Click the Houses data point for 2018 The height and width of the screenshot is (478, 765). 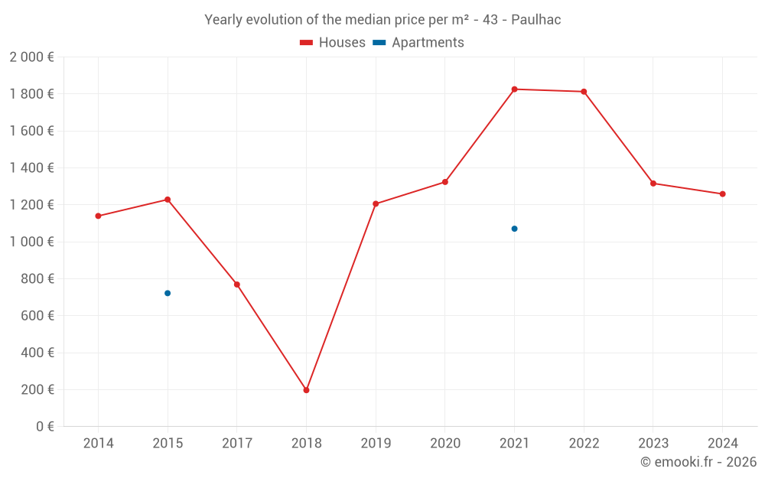[x=306, y=390]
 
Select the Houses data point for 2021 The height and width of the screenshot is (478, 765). [x=514, y=89]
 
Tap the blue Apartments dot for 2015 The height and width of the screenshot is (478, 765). [x=168, y=293]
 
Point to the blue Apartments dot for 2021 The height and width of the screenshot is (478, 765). [x=514, y=229]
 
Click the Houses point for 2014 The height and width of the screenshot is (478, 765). [x=98, y=216]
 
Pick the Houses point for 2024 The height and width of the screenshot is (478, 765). [x=722, y=193]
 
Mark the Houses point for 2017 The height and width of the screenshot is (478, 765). [x=237, y=285]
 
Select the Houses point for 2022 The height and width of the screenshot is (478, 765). [x=584, y=92]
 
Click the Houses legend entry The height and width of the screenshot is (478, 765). [x=333, y=43]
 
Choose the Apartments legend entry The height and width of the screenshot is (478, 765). [x=418, y=43]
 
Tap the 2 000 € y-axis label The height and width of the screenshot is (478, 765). [x=31, y=57]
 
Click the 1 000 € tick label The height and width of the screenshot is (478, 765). [x=31, y=242]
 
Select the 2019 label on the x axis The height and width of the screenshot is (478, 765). [x=376, y=444]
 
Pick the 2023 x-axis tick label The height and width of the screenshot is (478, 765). [x=653, y=444]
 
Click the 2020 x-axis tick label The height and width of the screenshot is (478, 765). [x=445, y=444]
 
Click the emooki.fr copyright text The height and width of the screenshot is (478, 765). [x=698, y=462]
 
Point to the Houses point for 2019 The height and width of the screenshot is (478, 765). [x=376, y=203]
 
